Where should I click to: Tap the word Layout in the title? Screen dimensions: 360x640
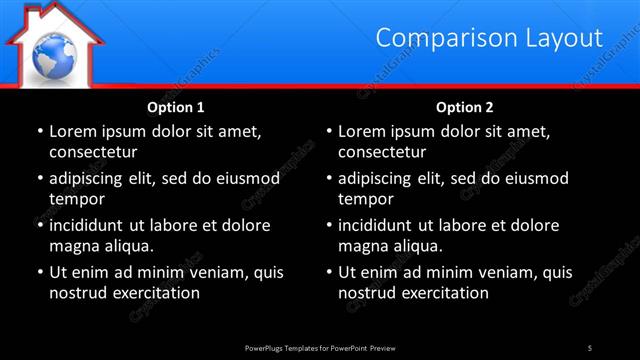click(565, 38)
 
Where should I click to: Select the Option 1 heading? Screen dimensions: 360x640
click(176, 106)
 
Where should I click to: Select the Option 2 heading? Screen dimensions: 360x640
click(465, 106)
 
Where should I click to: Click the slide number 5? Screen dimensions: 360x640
click(590, 347)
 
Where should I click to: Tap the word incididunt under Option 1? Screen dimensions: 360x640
click(89, 225)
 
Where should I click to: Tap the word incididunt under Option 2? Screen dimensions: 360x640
click(379, 225)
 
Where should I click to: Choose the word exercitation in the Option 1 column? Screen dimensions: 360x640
click(154, 293)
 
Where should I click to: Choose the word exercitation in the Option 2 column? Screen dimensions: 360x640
click(444, 293)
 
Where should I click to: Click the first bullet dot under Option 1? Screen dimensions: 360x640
click(39, 131)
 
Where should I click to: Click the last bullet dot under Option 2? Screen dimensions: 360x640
click(329, 272)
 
